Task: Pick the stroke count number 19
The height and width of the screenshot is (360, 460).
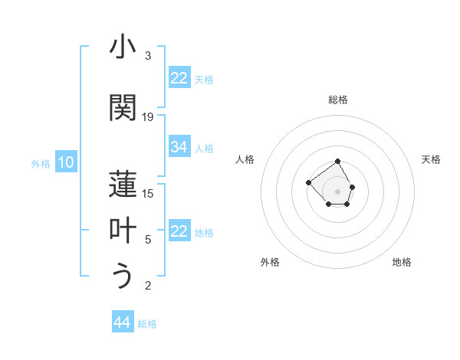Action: (x=149, y=117)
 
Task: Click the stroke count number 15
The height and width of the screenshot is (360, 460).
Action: (x=149, y=193)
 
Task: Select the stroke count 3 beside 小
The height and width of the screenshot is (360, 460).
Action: (x=148, y=56)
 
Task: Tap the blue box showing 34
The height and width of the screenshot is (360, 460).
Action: (x=179, y=147)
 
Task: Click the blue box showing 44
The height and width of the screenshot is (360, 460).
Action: (x=123, y=322)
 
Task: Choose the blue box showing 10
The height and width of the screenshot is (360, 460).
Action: (x=65, y=162)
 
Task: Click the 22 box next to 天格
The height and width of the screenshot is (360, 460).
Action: (x=179, y=78)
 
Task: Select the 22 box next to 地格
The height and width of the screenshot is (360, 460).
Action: (x=179, y=231)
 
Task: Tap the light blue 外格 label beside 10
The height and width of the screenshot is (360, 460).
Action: (x=41, y=163)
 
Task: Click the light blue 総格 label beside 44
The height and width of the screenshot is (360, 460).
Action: (x=147, y=324)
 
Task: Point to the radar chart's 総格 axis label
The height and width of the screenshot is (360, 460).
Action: (x=338, y=100)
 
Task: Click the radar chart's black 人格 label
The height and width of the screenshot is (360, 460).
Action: (x=245, y=159)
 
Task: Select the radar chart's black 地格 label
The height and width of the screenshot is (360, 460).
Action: (x=402, y=262)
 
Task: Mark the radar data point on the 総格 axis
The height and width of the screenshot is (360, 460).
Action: (x=338, y=162)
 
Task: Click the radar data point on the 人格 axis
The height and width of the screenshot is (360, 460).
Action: (x=308, y=182)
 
